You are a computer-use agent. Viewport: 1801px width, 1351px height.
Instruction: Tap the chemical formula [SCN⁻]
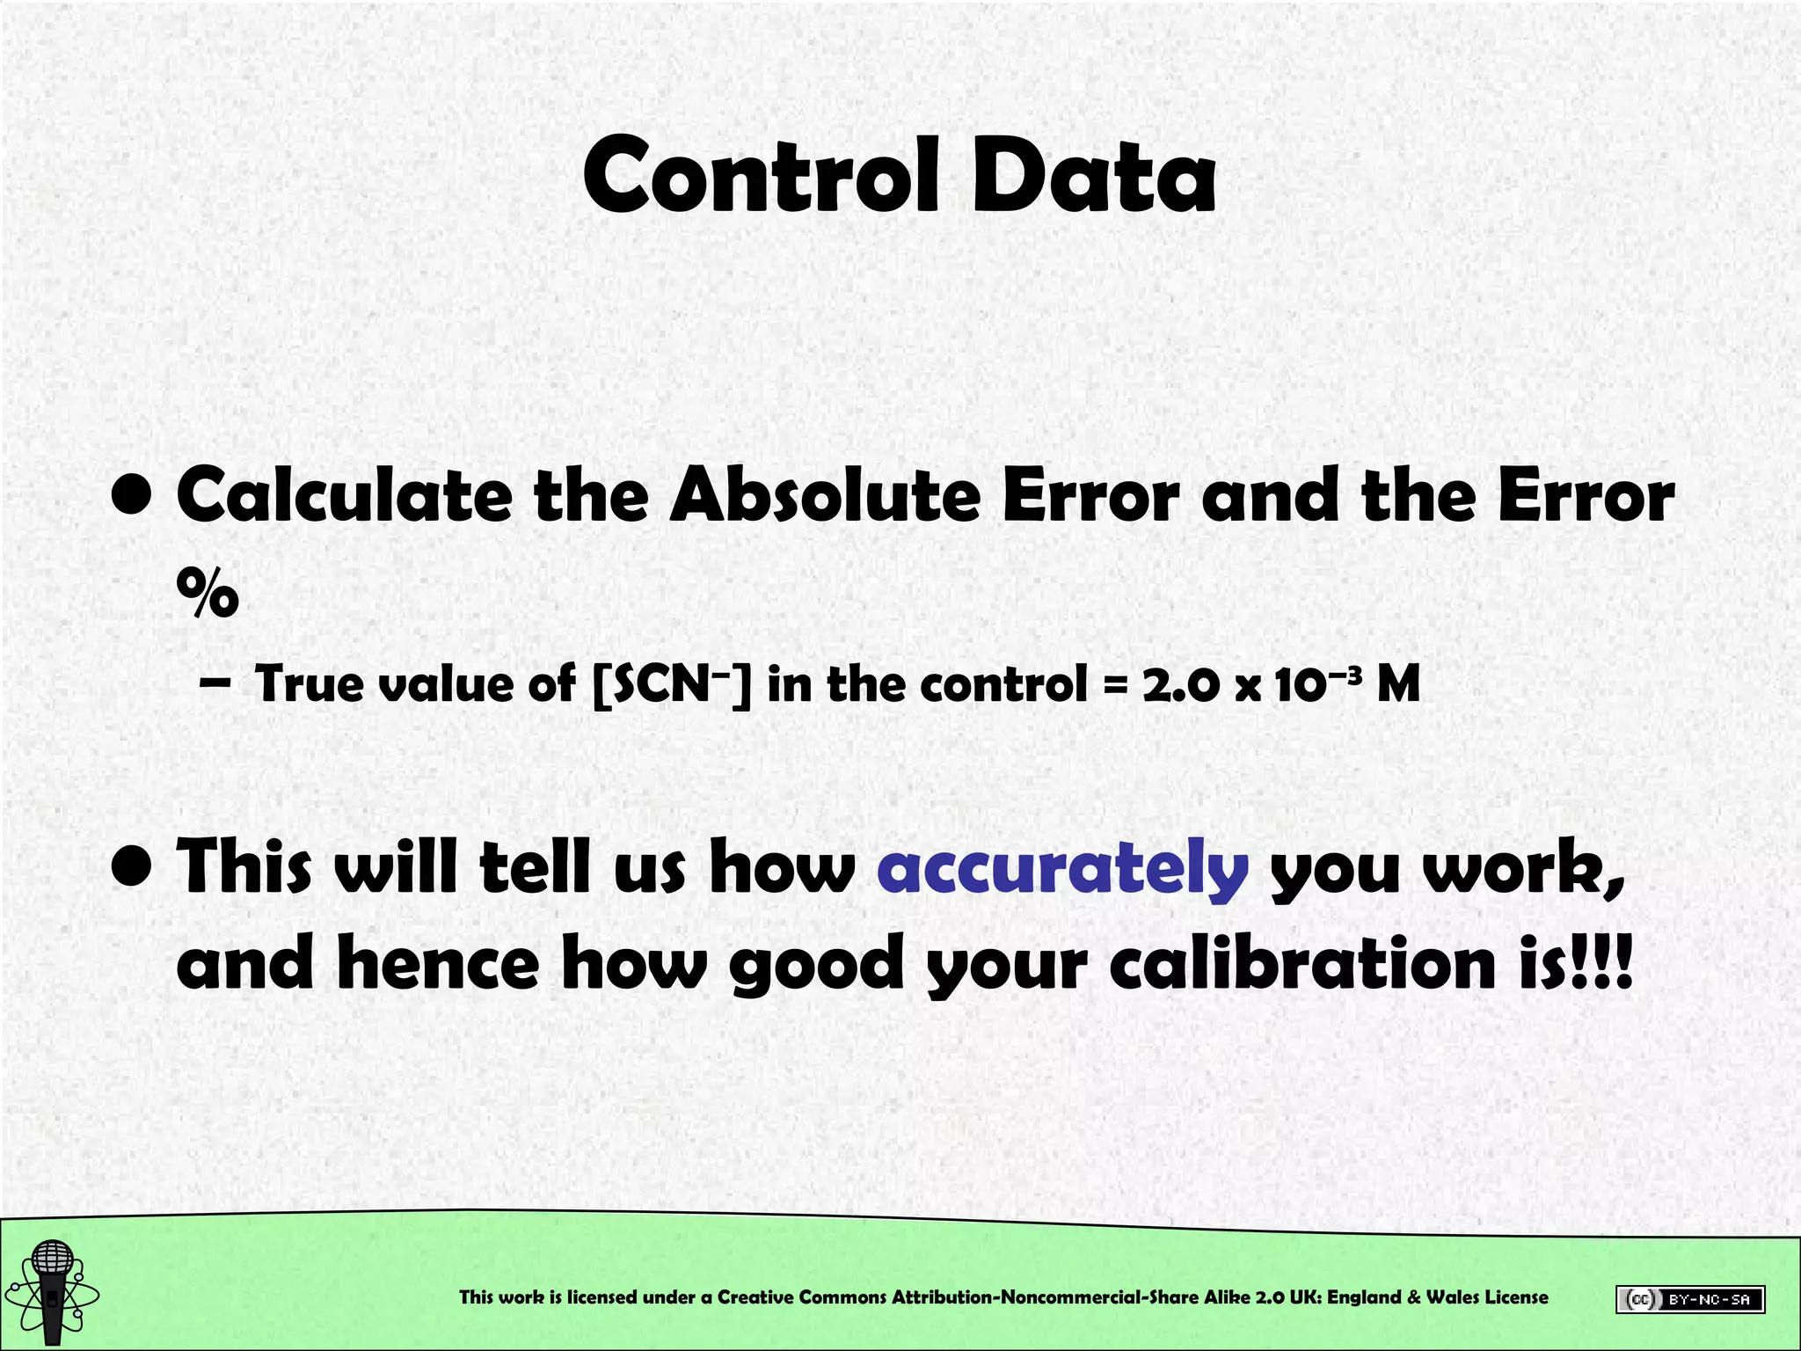pyautogui.click(x=672, y=684)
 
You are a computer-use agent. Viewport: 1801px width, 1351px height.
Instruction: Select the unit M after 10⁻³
pyautogui.click(x=1398, y=684)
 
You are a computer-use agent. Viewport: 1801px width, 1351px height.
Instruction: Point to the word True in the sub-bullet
pyautogui.click(x=308, y=684)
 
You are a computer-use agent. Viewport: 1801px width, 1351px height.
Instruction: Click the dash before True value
pyautogui.click(x=215, y=684)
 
